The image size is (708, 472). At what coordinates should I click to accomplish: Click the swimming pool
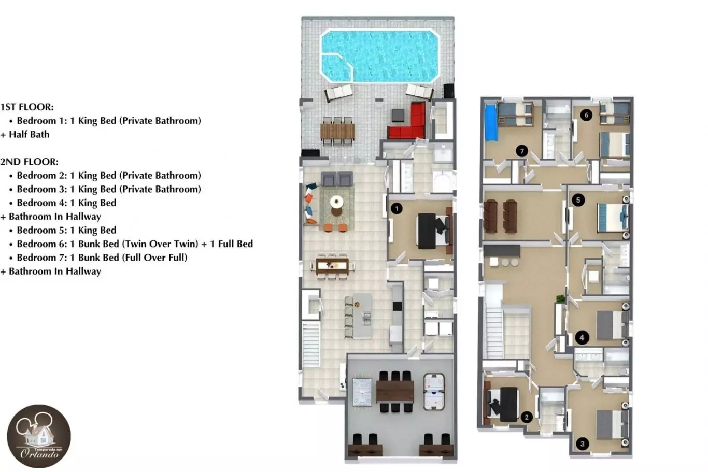coord(380,56)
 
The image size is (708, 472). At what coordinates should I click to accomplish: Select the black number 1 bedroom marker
coord(397,208)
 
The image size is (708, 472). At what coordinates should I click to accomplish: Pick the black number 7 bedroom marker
coord(521,151)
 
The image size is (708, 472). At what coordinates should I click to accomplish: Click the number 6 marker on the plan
coord(586,115)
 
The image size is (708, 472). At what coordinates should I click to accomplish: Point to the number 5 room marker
coord(578,200)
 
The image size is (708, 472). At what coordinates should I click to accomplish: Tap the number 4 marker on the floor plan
coord(582,338)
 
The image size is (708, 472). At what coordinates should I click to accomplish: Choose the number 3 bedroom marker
coord(583,444)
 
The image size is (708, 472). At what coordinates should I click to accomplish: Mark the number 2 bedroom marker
coord(527,418)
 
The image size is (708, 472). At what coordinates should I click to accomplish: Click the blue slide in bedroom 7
coord(491,123)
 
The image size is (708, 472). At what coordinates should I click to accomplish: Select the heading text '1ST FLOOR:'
coord(27,107)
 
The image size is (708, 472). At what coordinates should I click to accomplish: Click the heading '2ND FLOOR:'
coord(30,162)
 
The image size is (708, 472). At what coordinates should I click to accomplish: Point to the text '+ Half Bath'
coord(25,135)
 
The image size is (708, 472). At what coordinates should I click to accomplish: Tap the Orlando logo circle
coord(39,436)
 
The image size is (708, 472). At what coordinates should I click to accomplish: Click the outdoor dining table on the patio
coord(337,131)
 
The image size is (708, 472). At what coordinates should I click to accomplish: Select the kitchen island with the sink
coord(362,316)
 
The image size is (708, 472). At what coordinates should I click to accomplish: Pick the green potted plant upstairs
coord(560,298)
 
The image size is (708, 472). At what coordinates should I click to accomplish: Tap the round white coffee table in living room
coord(336,201)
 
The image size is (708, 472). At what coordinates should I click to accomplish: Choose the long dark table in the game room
coord(395,392)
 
